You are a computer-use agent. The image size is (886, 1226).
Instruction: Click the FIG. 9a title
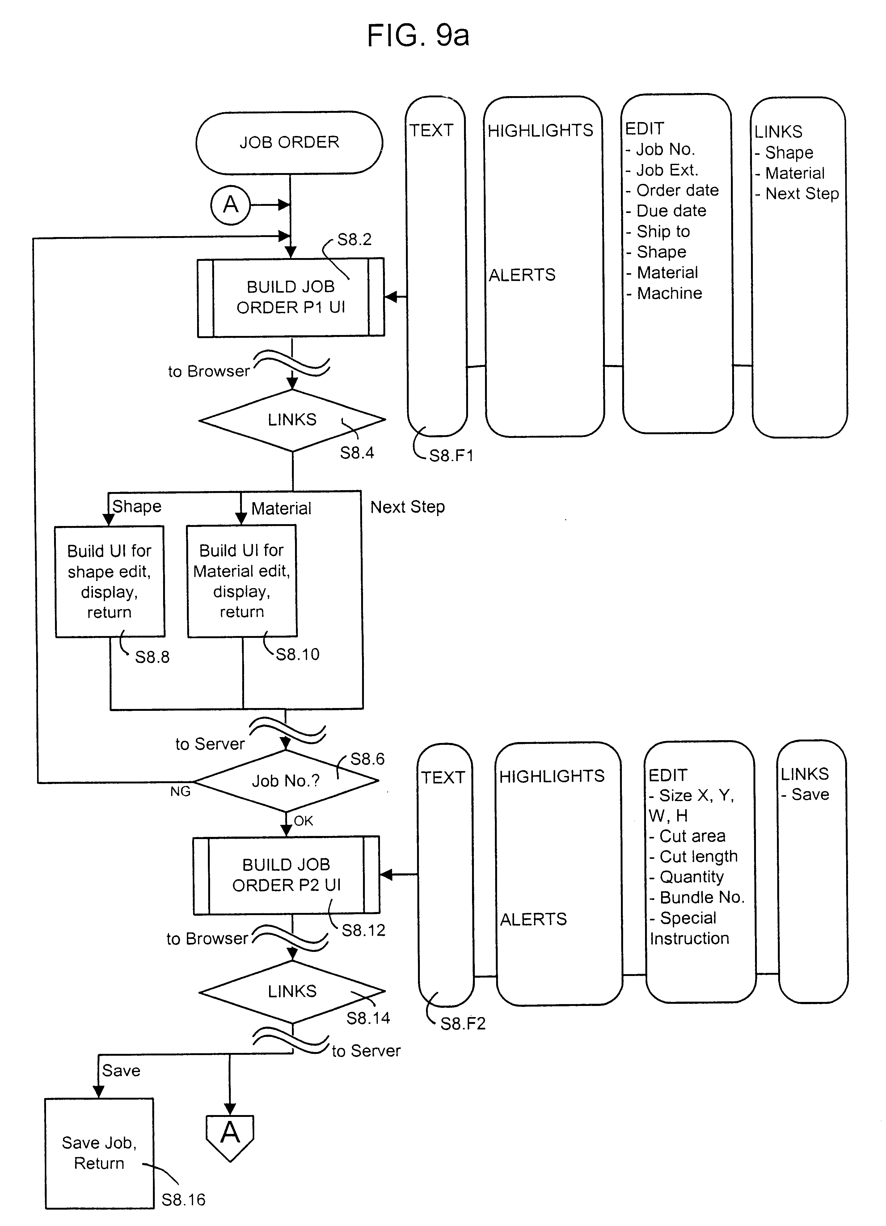[418, 36]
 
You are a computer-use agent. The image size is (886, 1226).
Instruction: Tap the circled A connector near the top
[231, 205]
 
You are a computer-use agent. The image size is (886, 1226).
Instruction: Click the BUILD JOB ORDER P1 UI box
[291, 297]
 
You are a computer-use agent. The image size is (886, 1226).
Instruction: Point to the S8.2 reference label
[354, 240]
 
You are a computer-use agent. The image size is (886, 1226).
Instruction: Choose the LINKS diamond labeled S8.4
[292, 420]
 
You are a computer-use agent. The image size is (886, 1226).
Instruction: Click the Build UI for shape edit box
[110, 581]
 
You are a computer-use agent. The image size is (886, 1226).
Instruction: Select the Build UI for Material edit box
[242, 581]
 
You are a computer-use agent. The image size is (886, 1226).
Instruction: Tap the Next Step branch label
[407, 507]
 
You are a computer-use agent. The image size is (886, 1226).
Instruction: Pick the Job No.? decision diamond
[286, 781]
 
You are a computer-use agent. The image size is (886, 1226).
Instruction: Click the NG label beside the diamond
[180, 791]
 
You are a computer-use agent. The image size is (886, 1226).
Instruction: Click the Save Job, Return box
[99, 1153]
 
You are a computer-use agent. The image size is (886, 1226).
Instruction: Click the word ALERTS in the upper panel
[522, 275]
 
